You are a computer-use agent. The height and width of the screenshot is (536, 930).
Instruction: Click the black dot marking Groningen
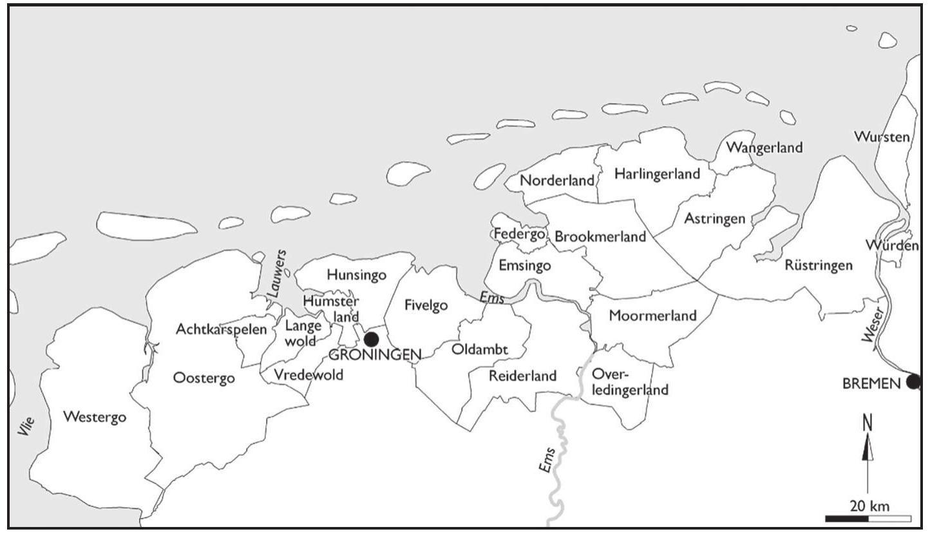[x=371, y=340]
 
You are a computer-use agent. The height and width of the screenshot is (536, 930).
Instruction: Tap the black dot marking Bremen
[x=913, y=382]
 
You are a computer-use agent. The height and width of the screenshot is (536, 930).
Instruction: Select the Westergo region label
[x=95, y=417]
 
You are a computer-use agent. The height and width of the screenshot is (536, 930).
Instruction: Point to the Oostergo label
[x=204, y=378]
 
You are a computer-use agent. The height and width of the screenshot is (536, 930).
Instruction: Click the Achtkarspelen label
[x=221, y=330]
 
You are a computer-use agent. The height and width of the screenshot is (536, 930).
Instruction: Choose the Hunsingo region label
[x=357, y=275]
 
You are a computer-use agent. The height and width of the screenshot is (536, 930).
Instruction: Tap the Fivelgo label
[x=426, y=305]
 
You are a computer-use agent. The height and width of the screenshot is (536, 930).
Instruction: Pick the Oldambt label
[x=480, y=350]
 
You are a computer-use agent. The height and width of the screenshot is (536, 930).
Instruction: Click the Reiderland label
[x=522, y=376]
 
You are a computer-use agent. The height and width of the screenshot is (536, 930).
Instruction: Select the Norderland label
[x=557, y=181]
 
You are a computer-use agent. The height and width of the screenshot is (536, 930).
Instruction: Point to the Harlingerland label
[x=657, y=174]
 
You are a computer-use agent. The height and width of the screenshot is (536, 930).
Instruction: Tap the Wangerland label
[x=764, y=148]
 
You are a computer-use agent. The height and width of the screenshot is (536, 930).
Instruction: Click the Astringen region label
[x=714, y=218]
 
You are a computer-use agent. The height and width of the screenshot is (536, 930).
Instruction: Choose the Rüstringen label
[x=819, y=265]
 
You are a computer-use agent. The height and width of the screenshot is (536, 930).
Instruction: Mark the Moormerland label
[x=652, y=316]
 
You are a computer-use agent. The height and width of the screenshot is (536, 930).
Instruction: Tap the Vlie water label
[x=26, y=428]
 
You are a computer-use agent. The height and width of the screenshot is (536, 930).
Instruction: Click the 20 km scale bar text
[x=869, y=506]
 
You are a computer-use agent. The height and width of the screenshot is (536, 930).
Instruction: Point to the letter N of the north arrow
[x=868, y=423]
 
